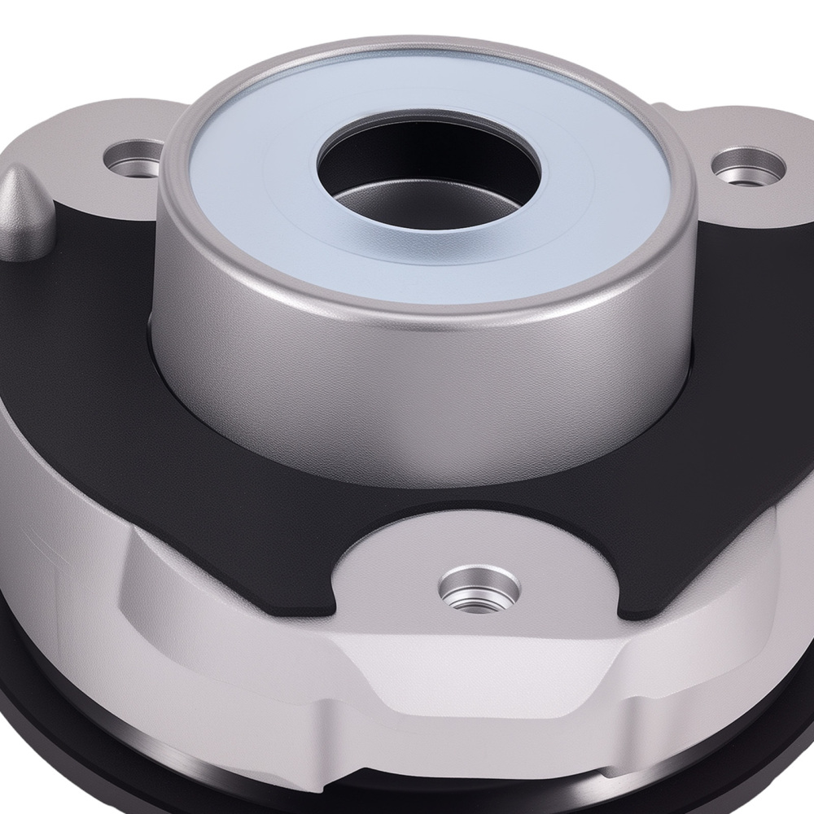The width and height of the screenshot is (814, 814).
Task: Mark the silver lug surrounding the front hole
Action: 407,570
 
